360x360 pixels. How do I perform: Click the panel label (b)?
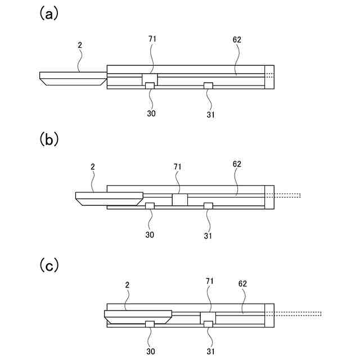coord(48,139)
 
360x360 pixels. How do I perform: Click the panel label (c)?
coord(48,264)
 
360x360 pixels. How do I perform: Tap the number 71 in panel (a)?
coord(152,39)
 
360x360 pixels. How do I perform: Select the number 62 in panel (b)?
coord(237,164)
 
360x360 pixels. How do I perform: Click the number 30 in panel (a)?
coord(151,113)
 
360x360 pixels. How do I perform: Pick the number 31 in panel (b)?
coord(208,236)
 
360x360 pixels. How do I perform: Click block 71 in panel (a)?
coord(150,79)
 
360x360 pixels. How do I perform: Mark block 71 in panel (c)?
coord(208,317)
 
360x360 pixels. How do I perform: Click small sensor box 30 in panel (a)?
coord(150,85)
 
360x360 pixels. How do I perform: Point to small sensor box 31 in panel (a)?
coord(208,85)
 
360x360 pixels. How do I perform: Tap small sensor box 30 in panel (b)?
coord(150,206)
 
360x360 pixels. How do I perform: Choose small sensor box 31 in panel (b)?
coord(208,206)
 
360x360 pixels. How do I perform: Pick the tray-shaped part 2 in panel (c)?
coord(138,316)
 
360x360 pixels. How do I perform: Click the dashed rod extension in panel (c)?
coord(298,313)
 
